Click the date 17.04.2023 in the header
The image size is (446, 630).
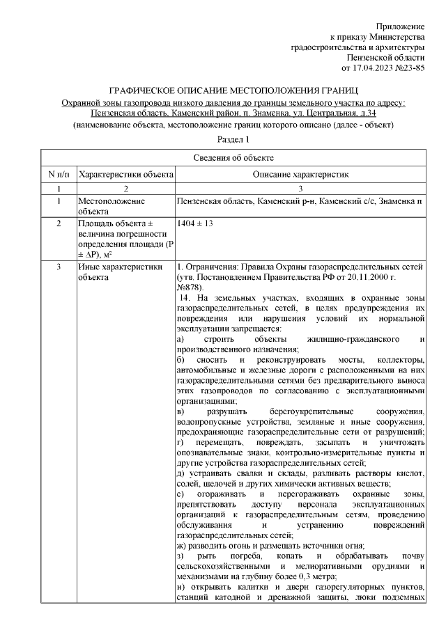(377, 68)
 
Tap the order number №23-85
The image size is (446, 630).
(410, 68)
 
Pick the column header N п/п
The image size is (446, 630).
(59, 173)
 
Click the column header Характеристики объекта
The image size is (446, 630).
(125, 173)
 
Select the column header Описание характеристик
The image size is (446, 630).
(300, 173)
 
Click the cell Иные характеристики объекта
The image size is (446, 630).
(119, 271)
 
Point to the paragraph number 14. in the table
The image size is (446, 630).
(188, 298)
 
